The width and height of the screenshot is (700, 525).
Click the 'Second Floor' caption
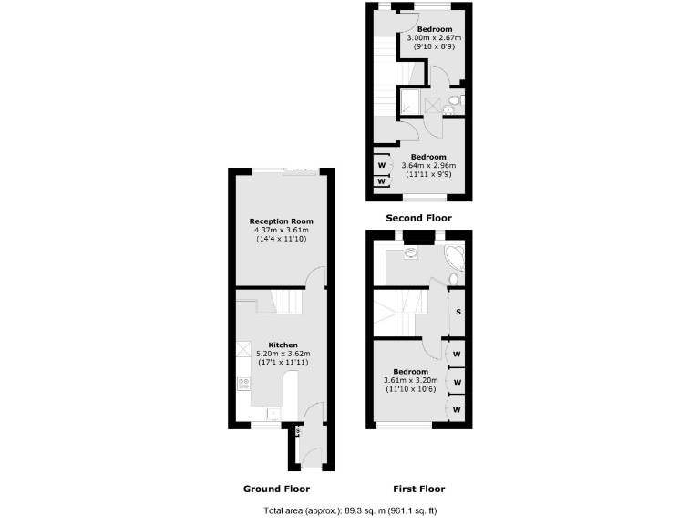click(x=418, y=218)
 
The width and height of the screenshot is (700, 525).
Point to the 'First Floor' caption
click(x=417, y=489)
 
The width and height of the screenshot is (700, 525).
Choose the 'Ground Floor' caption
click(x=275, y=489)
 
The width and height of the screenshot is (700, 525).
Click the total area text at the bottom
click(x=350, y=512)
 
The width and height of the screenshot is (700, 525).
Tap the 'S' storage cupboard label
click(x=457, y=314)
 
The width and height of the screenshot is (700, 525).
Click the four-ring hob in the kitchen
click(x=243, y=385)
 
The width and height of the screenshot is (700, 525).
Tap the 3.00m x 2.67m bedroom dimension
click(x=435, y=37)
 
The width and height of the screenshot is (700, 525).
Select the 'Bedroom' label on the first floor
click(x=410, y=371)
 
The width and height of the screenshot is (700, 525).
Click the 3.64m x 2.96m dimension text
click(x=427, y=165)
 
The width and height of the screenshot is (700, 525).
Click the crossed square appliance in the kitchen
click(x=243, y=349)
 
